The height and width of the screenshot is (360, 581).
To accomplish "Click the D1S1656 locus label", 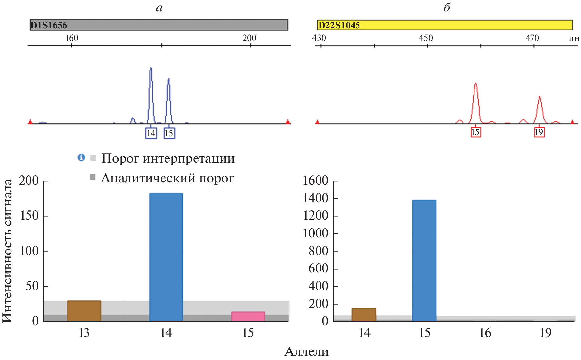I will click(48, 25).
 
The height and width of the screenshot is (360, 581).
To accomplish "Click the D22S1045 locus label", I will click(339, 25).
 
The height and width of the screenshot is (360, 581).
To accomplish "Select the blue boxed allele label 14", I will click(151, 133).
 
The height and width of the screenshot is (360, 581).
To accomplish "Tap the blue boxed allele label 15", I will click(169, 133).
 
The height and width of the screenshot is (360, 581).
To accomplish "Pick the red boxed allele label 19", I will click(539, 132).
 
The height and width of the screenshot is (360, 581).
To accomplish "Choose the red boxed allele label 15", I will click(475, 132).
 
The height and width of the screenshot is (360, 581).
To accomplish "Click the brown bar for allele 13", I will click(84, 311).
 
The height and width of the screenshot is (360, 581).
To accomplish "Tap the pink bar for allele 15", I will click(248, 316).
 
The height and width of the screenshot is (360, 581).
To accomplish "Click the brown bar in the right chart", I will click(364, 314).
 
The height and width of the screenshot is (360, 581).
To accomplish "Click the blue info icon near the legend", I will click(81, 158).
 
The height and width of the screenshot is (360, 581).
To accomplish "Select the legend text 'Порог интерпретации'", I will click(168, 158).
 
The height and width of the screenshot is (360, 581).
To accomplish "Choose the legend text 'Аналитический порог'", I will click(167, 178).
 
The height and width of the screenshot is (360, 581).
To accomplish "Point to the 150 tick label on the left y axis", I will click(29, 216).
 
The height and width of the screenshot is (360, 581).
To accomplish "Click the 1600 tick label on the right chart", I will click(315, 181).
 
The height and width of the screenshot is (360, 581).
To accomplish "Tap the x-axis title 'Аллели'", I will click(306, 351).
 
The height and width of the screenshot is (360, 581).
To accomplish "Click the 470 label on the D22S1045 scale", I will click(532, 38).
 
